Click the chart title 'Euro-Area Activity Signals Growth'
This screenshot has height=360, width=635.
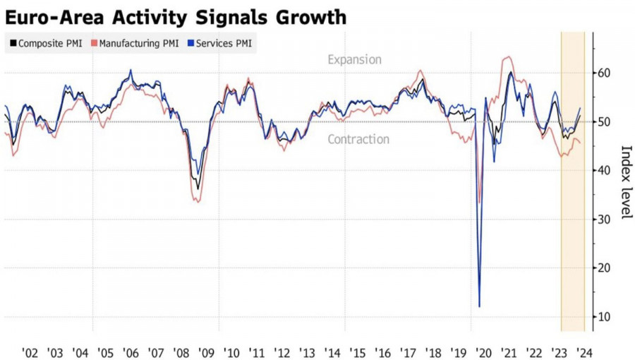pyautogui.click(x=176, y=16)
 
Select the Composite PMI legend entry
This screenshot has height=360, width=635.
pyautogui.click(x=45, y=43)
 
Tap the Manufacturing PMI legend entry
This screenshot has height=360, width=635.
pyautogui.click(x=135, y=43)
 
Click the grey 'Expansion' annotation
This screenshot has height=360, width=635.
pyautogui.click(x=354, y=60)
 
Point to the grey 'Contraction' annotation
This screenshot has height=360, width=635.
pyautogui.click(x=358, y=140)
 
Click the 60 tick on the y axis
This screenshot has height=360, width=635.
pyautogui.click(x=604, y=73)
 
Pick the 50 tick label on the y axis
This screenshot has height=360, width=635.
pyautogui.click(x=604, y=122)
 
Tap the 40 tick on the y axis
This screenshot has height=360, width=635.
pyautogui.click(x=604, y=171)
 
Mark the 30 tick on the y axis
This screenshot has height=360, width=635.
pyautogui.click(x=604, y=220)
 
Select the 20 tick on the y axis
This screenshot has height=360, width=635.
pyautogui.click(x=604, y=268)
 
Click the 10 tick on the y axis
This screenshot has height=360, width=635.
pyautogui.click(x=604, y=317)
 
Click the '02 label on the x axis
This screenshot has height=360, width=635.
pyautogui.click(x=30, y=350)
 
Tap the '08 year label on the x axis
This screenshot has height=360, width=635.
pyautogui.click(x=181, y=350)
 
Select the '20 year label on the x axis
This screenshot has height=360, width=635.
pyautogui.click(x=484, y=350)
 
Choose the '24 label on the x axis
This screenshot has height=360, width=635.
pyautogui.click(x=584, y=350)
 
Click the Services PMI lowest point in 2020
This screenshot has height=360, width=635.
pyautogui.click(x=480, y=306)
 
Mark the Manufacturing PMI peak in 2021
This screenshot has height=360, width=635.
pyautogui.click(x=508, y=57)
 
